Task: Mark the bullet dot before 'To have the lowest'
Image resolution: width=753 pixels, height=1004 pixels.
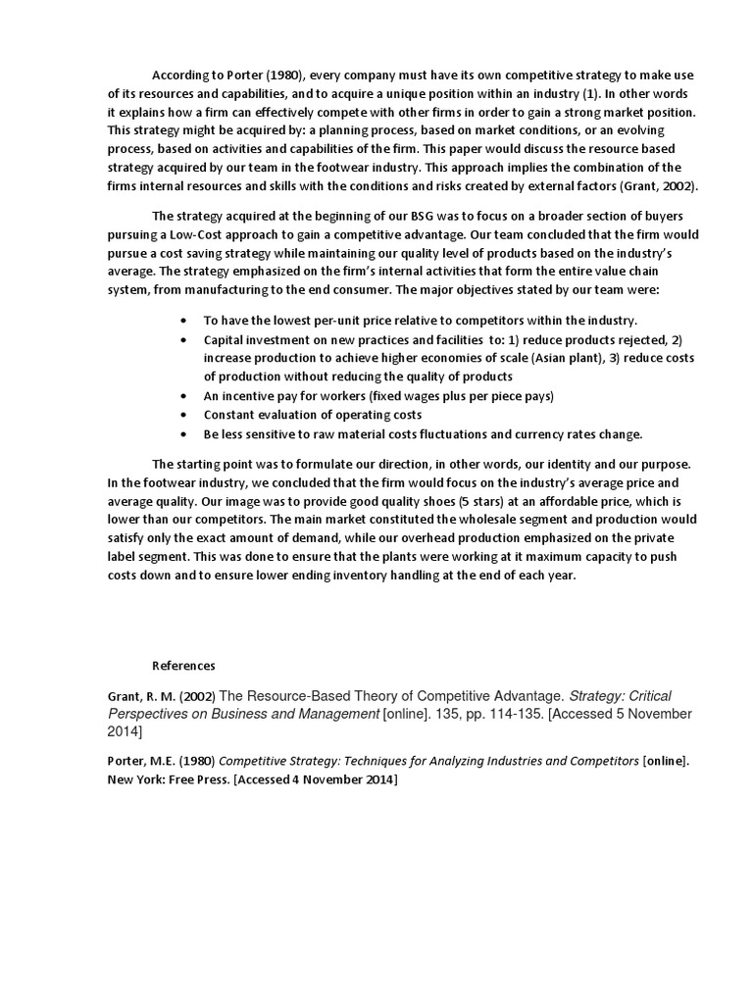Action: (185, 321)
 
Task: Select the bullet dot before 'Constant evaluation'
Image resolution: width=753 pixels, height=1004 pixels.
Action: (185, 415)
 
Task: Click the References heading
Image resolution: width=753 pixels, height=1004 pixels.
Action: (183, 666)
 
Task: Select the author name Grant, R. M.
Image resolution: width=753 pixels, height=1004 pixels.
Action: (140, 696)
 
